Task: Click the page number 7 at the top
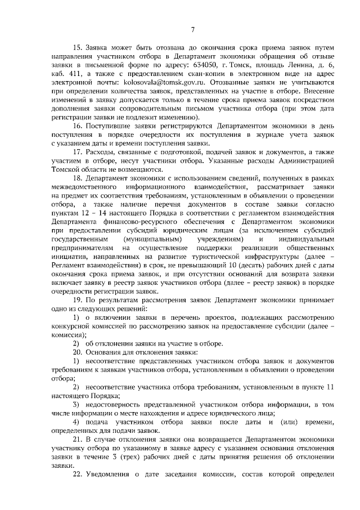click(x=192, y=30)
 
